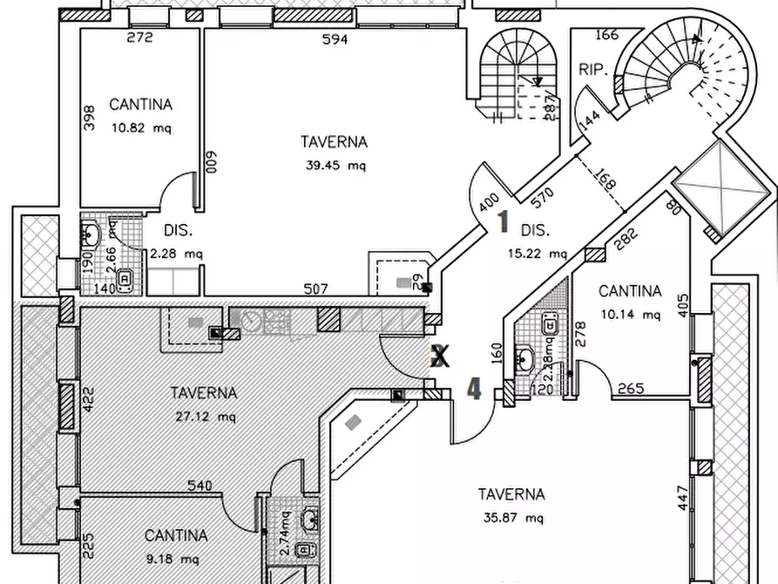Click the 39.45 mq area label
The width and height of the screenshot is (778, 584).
[334, 165]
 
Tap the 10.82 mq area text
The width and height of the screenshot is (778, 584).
[140, 127]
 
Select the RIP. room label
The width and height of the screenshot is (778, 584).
[592, 70]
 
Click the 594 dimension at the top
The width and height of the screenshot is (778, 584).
[335, 38]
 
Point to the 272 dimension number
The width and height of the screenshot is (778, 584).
[139, 37]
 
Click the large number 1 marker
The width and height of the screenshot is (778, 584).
[503, 222]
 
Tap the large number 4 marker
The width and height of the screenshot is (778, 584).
[474, 388]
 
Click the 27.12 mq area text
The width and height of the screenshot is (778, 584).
[204, 416]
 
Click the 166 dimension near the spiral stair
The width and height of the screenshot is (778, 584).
[606, 35]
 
